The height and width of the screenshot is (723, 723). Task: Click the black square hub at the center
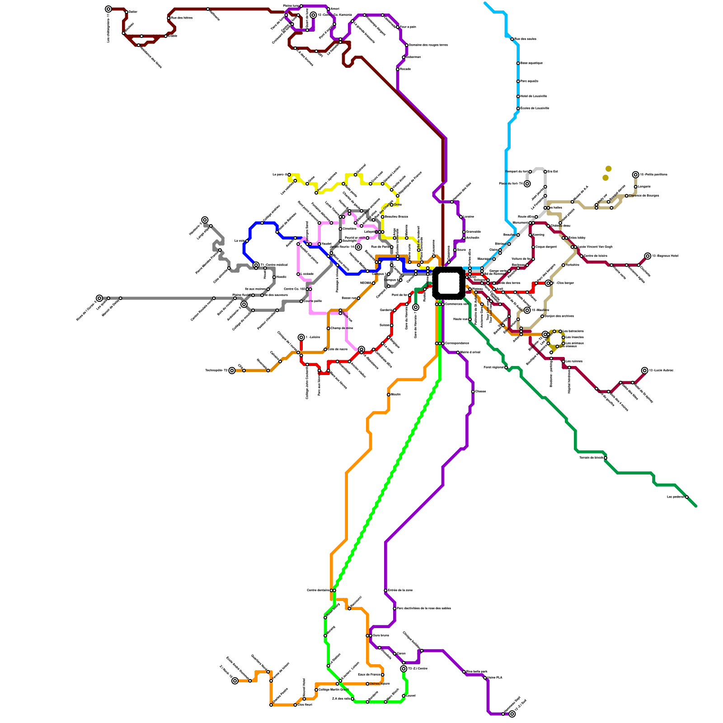tap(448, 283)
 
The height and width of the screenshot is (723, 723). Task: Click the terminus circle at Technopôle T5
tap(232, 371)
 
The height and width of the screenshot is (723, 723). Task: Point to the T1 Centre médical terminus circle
tap(256, 265)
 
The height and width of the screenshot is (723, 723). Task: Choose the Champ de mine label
tap(342, 328)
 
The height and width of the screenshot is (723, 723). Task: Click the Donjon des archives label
tap(559, 316)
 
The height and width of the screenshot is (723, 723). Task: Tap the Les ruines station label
tap(574, 361)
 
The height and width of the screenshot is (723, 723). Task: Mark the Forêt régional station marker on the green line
tap(506, 367)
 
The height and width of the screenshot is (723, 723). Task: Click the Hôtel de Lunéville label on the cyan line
tap(534, 96)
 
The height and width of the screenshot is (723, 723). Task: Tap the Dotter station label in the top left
tap(133, 12)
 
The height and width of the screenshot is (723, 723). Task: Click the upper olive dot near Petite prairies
tap(609, 169)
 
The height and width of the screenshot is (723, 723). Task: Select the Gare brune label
tap(380, 635)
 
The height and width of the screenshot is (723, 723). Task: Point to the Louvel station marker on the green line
tap(404, 696)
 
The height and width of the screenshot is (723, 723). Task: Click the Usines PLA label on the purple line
tap(494, 678)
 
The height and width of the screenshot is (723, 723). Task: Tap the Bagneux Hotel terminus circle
tap(648, 256)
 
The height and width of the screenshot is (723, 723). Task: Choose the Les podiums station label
tap(676, 497)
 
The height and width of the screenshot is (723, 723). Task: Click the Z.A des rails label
tap(341, 699)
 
